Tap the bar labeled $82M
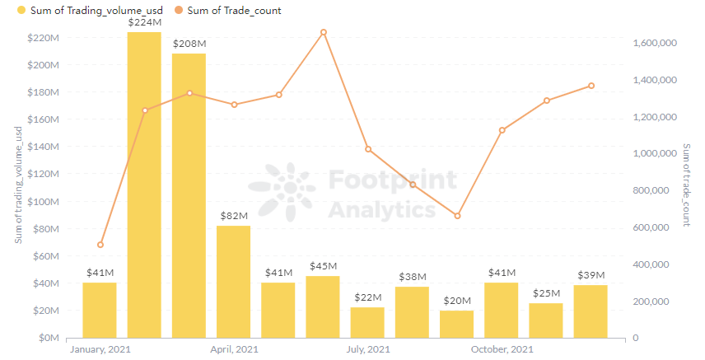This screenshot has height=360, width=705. (x=233, y=281)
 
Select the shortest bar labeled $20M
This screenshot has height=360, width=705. (x=456, y=324)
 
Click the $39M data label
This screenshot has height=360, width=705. (x=591, y=274)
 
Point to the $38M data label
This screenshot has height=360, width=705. (x=412, y=277)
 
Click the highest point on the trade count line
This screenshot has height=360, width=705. (x=324, y=32)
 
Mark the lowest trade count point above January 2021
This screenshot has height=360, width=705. (x=100, y=245)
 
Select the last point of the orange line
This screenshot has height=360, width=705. (x=591, y=86)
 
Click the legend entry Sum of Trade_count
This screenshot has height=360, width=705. (x=234, y=11)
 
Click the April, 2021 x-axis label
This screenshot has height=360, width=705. (x=234, y=350)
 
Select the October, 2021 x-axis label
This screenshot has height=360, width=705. (x=502, y=350)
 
